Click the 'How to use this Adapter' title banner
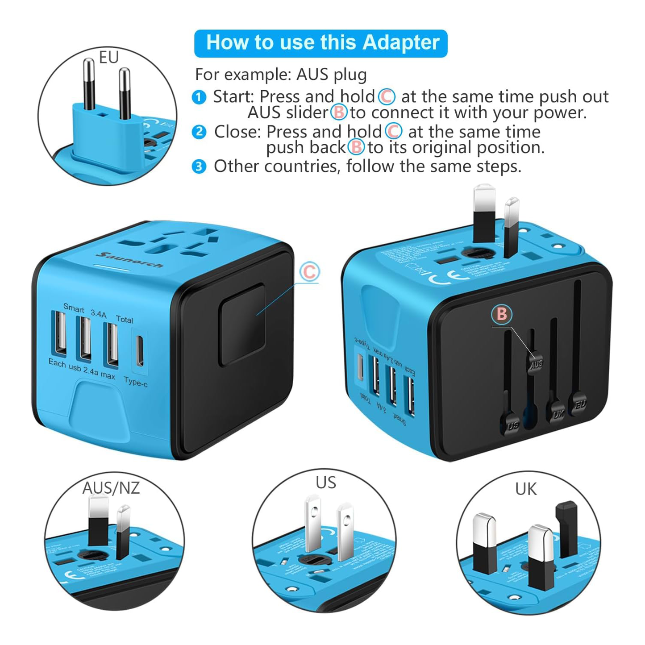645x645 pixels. tap(320, 43)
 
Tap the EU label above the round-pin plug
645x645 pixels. tap(108, 58)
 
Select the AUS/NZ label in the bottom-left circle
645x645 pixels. tap(111, 488)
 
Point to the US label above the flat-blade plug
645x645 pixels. tap(325, 483)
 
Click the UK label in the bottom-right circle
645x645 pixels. tap(525, 489)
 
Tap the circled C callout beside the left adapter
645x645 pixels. tap(309, 271)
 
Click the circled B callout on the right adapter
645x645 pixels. tap(502, 314)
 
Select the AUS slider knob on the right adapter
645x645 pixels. tap(536, 364)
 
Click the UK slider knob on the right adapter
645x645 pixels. tap(558, 413)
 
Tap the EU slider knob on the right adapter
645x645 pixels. tap(580, 404)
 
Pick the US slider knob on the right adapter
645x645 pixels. tap(512, 424)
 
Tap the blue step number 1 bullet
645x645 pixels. tap(199, 97)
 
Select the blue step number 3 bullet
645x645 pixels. tap(199, 166)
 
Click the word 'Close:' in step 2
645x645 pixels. tap(237, 132)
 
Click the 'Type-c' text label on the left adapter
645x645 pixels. tap(136, 382)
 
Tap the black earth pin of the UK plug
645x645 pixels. tap(566, 527)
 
